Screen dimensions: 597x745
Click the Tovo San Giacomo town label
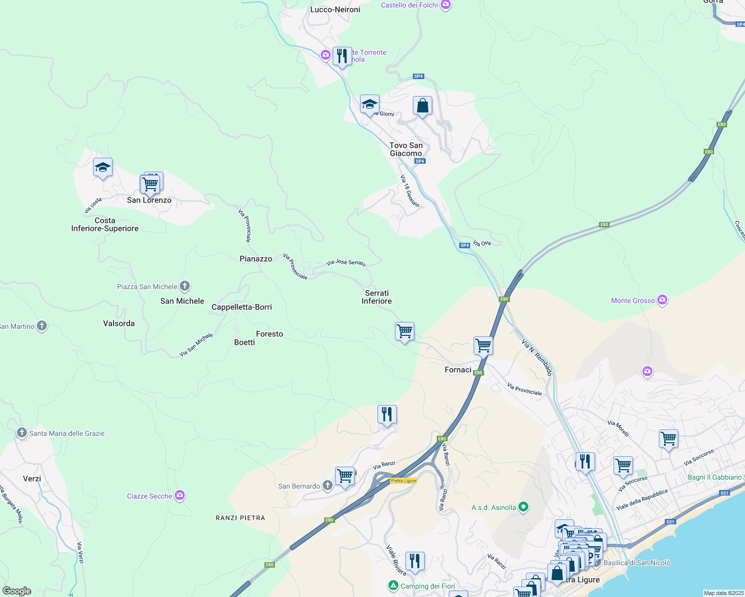click(x=406, y=149)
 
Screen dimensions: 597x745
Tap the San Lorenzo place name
click(x=149, y=200)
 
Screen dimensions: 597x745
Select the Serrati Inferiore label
click(x=376, y=297)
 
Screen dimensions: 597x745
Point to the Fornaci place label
click(x=458, y=370)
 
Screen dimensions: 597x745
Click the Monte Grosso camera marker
click(x=662, y=300)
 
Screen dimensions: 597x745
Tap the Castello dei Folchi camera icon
click(x=446, y=5)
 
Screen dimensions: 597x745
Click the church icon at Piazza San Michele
click(x=185, y=286)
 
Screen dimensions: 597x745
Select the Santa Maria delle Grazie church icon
click(x=21, y=433)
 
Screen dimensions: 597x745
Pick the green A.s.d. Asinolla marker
click(x=523, y=507)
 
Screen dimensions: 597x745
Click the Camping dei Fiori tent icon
click(x=393, y=586)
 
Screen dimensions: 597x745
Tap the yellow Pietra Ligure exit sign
click(x=403, y=481)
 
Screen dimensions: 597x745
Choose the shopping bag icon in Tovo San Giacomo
click(x=422, y=106)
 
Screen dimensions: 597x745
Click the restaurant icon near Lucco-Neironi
click(x=342, y=56)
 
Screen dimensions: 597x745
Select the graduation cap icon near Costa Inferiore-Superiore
click(x=103, y=168)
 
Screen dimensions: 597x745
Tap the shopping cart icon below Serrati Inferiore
click(x=404, y=331)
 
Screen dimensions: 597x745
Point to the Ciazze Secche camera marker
click(x=180, y=496)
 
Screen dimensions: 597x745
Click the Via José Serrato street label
click(x=346, y=262)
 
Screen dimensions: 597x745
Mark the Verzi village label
click(x=32, y=479)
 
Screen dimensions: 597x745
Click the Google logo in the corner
click(x=16, y=591)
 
